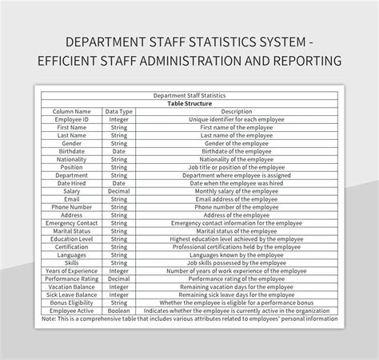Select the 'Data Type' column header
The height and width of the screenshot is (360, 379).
119,111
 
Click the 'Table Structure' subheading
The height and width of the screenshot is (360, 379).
190,103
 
